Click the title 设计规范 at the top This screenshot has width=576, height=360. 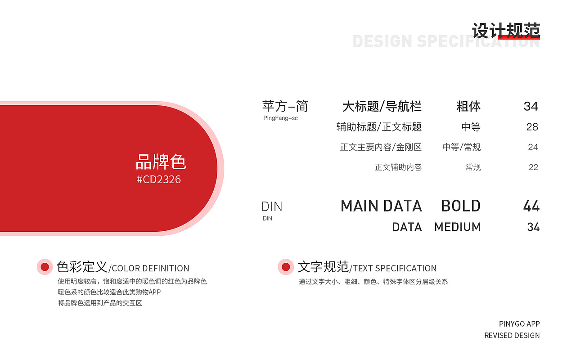(x=506, y=31)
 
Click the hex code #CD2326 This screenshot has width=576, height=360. (x=159, y=180)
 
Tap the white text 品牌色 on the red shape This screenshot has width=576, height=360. (x=161, y=162)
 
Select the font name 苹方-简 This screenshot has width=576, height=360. (x=285, y=106)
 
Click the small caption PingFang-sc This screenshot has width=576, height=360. (x=280, y=118)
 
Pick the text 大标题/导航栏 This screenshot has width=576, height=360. (x=382, y=107)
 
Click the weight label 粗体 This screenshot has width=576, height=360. (x=468, y=107)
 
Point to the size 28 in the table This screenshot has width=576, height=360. (x=532, y=127)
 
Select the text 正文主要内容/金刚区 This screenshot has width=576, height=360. (x=381, y=147)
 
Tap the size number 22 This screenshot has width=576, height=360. (x=533, y=167)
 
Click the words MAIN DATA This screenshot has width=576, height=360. (x=381, y=206)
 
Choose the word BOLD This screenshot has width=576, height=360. (x=461, y=206)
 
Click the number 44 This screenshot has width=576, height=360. (x=531, y=206)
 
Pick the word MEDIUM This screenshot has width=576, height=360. (x=457, y=227)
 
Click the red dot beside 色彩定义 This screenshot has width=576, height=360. (x=45, y=267)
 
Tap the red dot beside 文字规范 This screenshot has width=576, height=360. (x=285, y=267)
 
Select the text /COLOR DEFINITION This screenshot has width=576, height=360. (x=149, y=269)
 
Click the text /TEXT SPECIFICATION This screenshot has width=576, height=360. (x=393, y=269)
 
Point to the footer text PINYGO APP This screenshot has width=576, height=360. (x=519, y=324)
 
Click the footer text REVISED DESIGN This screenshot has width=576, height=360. (x=512, y=336)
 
